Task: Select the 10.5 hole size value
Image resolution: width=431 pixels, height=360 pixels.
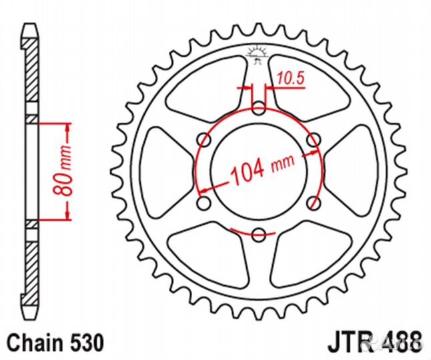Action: [x=291, y=79]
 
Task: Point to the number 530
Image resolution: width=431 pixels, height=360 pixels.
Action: [x=85, y=342]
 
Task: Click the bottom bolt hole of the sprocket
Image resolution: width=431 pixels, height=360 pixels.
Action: [x=260, y=233]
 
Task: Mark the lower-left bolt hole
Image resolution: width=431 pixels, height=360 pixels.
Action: [x=205, y=202]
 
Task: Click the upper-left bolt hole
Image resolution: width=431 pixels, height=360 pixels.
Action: [x=205, y=139]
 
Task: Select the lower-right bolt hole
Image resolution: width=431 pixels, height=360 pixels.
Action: [x=314, y=202]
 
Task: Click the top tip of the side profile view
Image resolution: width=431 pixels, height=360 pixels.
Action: [x=29, y=27]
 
